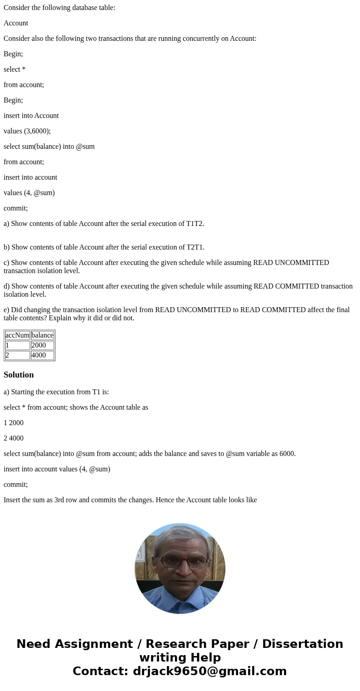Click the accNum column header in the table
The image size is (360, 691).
pos(17,335)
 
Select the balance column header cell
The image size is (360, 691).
pos(42,335)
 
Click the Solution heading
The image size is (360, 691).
pos(19,375)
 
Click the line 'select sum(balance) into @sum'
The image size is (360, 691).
pos(49,147)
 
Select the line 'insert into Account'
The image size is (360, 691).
pos(31,116)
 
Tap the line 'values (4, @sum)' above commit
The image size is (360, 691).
pos(29,193)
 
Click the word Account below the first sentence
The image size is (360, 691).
pos(16,23)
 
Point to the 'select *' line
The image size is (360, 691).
pos(15,69)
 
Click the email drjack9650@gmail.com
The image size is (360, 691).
pos(209,671)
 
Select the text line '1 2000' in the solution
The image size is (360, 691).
pos(14,423)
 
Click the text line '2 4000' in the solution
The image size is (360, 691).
pos(14,438)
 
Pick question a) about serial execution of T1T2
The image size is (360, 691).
pos(104,224)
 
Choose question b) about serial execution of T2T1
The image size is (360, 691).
pos(104,247)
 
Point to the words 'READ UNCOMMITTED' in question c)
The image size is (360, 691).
pos(291,263)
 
